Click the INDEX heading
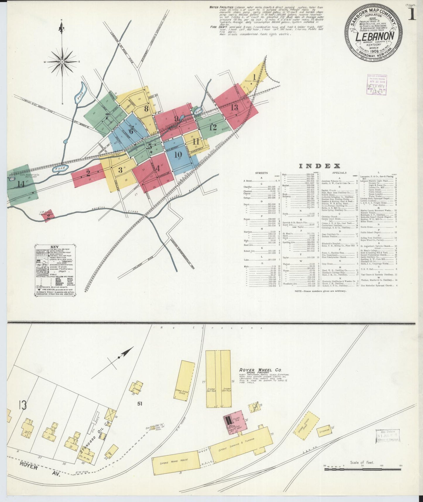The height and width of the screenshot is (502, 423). (x=319, y=166)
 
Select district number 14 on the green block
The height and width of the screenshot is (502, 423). (x=20, y=184)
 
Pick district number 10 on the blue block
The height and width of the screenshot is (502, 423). (x=178, y=155)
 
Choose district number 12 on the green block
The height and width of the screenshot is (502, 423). (x=213, y=127)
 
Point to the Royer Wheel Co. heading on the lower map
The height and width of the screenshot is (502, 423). (x=256, y=370)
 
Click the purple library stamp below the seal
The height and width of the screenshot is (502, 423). (x=376, y=85)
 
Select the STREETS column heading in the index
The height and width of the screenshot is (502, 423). (x=261, y=173)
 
